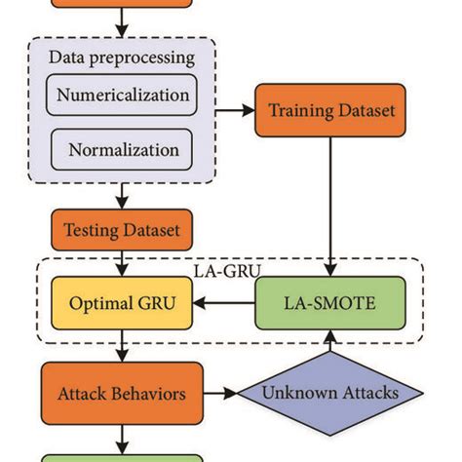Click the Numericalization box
pos(122,96)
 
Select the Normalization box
pos(123,150)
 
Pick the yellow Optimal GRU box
pos(123,303)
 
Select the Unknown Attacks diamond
pos(332,394)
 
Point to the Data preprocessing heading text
pos(122,57)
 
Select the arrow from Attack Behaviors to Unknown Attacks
pos(221,394)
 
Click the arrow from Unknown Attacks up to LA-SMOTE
pos(332,341)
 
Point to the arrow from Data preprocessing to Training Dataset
pos(234,111)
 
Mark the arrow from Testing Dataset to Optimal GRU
pos(123,264)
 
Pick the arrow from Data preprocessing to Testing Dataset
pos(123,198)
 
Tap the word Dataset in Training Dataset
pos(363,111)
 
